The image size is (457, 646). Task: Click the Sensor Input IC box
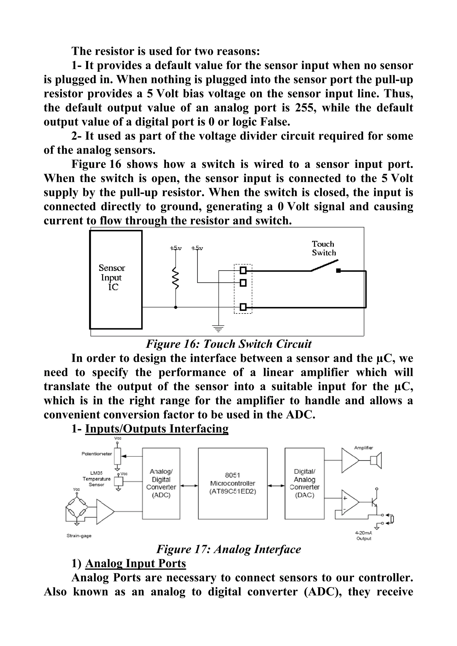click(x=116, y=279)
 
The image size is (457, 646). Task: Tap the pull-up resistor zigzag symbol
click(x=176, y=278)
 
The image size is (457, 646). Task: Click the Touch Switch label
click(x=324, y=248)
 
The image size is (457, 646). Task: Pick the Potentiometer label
click(x=97, y=454)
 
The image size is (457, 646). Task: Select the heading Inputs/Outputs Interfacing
click(x=157, y=429)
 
